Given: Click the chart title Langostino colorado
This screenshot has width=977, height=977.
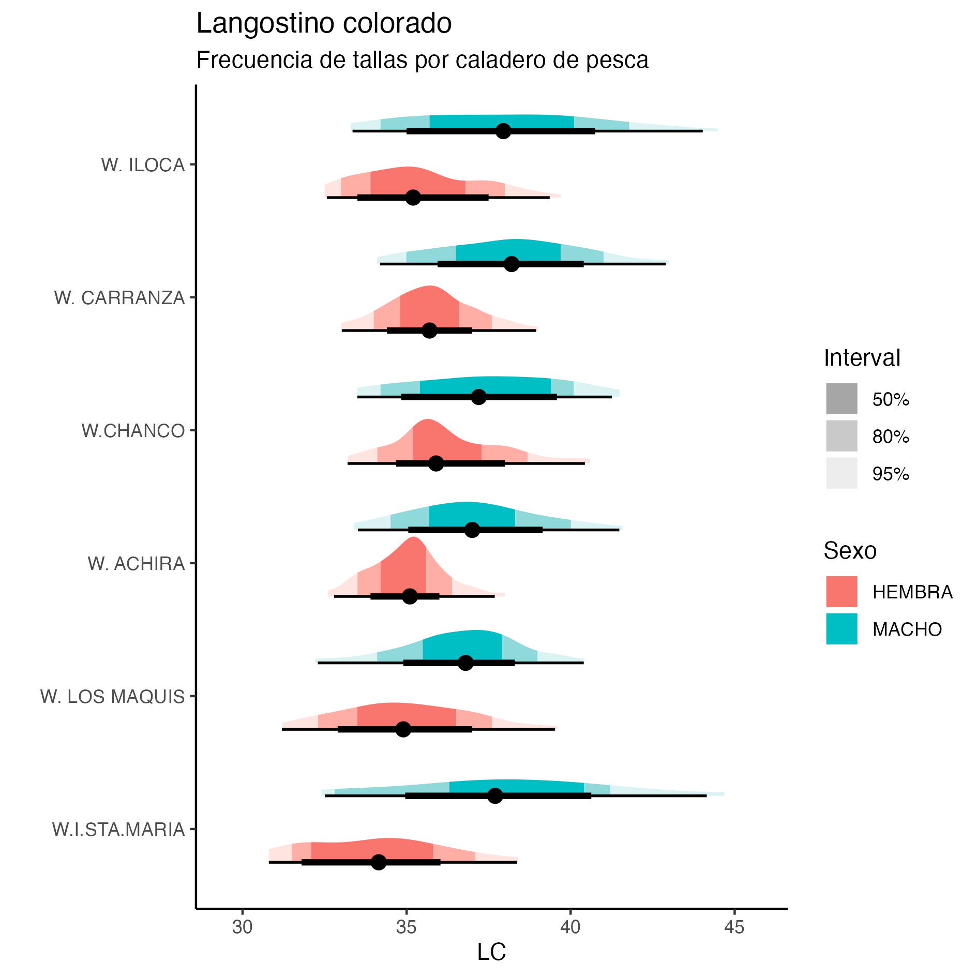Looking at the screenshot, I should (324, 24).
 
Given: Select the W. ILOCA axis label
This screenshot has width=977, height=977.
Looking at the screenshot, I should (143, 165).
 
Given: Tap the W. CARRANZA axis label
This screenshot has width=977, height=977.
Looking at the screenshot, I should (119, 298).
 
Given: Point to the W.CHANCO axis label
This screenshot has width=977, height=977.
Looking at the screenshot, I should (133, 431).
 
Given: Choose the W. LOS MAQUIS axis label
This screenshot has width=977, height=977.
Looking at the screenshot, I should (112, 697).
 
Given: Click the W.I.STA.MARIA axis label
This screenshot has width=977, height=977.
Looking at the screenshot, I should (118, 830).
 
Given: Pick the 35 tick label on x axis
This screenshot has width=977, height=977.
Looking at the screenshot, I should (406, 927).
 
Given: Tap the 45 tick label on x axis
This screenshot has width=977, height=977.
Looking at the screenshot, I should (734, 927).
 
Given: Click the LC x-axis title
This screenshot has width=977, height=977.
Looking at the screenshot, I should (491, 952).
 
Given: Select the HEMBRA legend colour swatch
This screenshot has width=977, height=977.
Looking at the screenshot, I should (841, 592).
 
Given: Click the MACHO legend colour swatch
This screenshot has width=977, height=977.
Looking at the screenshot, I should (841, 629).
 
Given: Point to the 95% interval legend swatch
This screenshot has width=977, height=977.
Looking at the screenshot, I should (841, 473).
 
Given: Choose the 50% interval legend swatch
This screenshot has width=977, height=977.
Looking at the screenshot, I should (841, 399).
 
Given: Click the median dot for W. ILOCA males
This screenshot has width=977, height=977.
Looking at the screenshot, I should (503, 131).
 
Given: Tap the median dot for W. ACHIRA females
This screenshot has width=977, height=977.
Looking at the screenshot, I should (410, 596).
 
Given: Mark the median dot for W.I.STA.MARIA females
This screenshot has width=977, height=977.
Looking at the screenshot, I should (379, 862).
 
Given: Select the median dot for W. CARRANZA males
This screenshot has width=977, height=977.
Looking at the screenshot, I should (511, 264).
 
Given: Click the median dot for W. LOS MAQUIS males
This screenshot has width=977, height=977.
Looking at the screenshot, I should (465, 663).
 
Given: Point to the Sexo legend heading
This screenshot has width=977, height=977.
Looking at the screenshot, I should (850, 551).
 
